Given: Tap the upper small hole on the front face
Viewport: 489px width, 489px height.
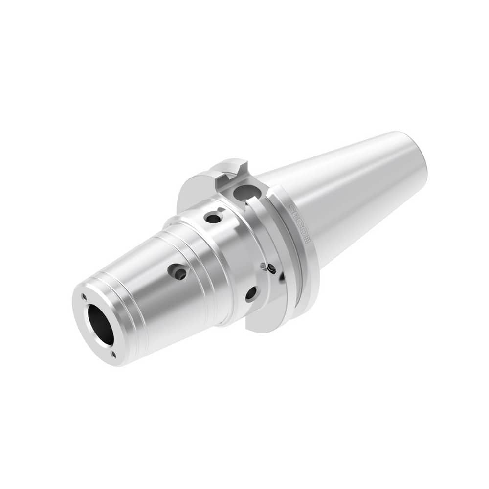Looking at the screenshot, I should pyautogui.click(x=84, y=296).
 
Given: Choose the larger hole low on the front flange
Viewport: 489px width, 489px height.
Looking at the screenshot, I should pyautogui.click(x=251, y=293).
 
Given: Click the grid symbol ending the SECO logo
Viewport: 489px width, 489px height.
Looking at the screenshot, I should pyautogui.click(x=308, y=240).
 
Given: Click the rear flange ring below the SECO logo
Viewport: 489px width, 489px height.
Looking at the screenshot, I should pyautogui.click(x=313, y=274).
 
